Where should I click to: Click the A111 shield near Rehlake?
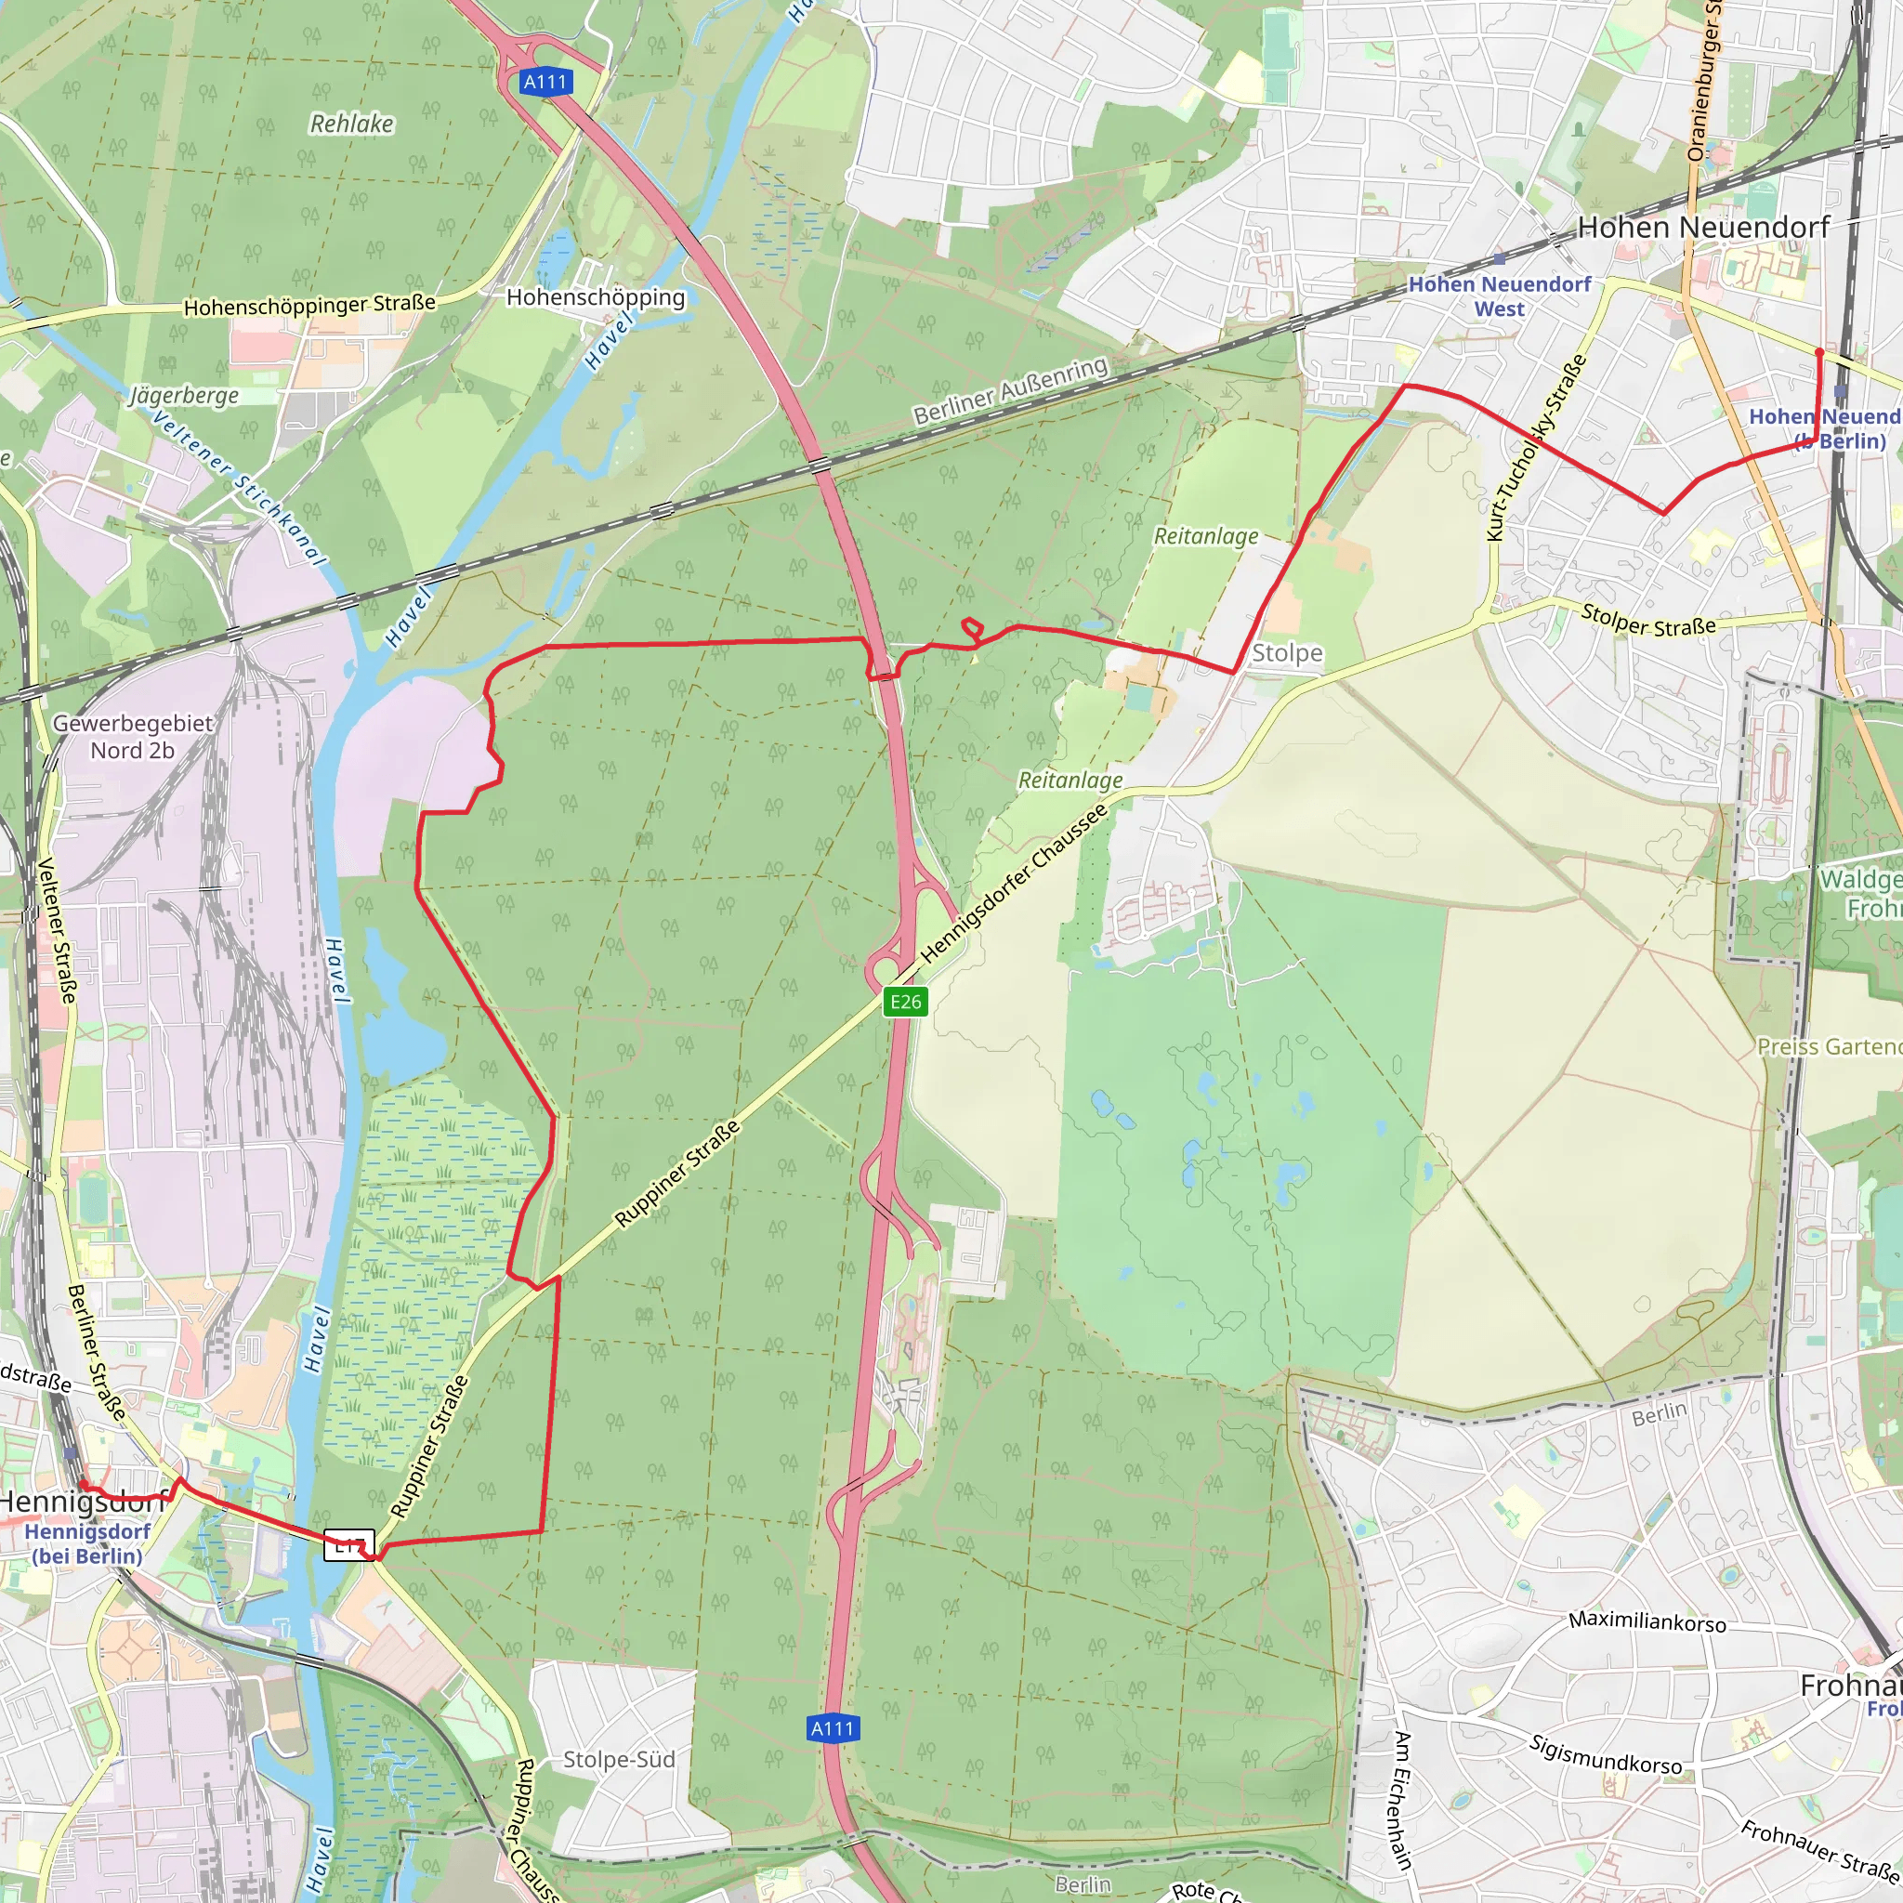[545, 82]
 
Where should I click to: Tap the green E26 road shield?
[905, 1002]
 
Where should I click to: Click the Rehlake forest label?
[351, 125]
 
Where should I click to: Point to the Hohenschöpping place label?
[595, 297]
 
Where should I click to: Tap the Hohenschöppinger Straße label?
[309, 306]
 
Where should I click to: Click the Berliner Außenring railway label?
[1011, 391]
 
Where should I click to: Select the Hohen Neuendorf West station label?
[1499, 295]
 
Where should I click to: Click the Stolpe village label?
[1286, 653]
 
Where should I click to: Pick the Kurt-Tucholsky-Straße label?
[1536, 447]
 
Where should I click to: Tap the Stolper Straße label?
[1647, 620]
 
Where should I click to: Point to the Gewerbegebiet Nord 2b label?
[132, 736]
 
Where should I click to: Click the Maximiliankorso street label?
[1647, 1621]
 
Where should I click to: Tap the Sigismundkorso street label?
[1606, 1755]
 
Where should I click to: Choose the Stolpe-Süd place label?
[619, 1759]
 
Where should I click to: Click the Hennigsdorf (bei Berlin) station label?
[86, 1543]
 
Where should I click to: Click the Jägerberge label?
[184, 396]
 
